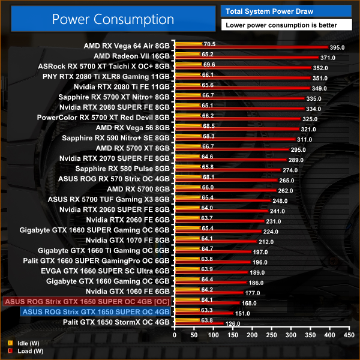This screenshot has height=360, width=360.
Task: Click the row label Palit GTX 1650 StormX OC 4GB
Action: [117, 322]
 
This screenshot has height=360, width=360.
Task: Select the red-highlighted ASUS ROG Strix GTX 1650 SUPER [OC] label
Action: [87, 302]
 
